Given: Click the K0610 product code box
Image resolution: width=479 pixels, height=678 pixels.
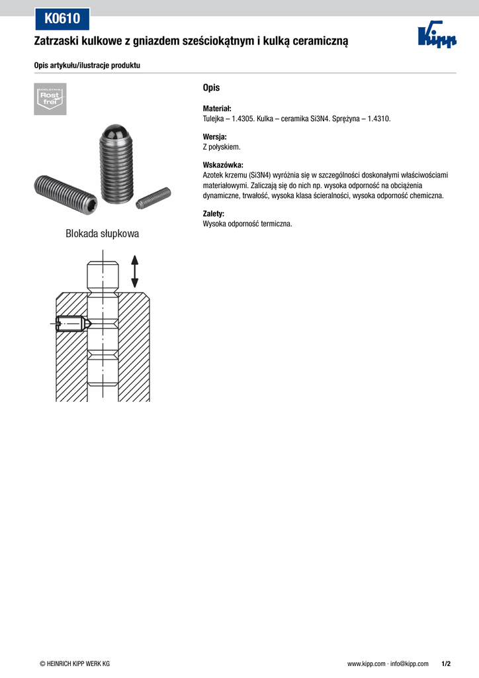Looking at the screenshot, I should coord(62,19).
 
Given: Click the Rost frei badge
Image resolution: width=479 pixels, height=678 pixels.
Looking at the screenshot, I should coord(50,99).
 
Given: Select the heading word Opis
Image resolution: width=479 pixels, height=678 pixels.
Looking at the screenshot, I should coord(211,88).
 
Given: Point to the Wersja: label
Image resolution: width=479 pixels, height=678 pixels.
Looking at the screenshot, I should coord(214,137).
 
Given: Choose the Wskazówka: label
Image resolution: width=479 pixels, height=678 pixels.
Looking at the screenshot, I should coord(222,165).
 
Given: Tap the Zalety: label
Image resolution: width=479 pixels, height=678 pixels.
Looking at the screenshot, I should coord(213,214).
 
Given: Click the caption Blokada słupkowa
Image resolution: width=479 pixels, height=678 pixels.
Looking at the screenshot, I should coord(103,234).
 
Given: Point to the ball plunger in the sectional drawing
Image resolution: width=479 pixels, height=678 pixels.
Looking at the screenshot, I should coord(70,324).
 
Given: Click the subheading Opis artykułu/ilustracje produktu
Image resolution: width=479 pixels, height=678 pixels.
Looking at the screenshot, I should coord(87,66).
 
